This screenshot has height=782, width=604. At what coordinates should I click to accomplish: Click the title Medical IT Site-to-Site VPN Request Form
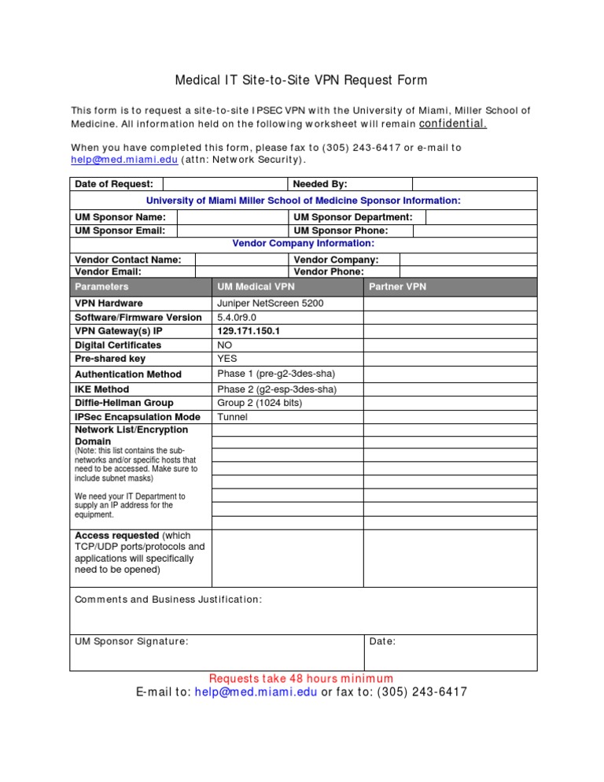coord(301,80)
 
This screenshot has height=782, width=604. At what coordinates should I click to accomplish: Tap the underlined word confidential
coord(453,124)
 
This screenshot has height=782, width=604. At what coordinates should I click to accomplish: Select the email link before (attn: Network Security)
coord(124,160)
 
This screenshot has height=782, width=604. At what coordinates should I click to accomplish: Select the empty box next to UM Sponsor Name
coord(231,217)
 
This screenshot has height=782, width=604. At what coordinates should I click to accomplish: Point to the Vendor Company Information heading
coord(303,244)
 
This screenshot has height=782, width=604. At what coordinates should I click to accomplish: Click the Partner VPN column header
coord(397,287)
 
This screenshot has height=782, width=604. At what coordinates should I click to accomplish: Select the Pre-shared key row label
coord(110,359)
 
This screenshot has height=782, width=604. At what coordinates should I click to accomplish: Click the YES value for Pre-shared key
coord(227,359)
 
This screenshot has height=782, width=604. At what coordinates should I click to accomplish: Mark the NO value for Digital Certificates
coord(225,345)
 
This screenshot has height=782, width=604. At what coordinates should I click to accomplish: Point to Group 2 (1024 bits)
coord(260,403)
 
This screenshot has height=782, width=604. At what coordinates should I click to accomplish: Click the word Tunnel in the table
coord(233,417)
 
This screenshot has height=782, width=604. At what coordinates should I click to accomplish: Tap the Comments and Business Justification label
coord(168,599)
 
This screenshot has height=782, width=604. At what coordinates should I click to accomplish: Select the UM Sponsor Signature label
coord(131,641)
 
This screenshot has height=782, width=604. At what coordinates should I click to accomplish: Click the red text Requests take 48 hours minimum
coord(301,678)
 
